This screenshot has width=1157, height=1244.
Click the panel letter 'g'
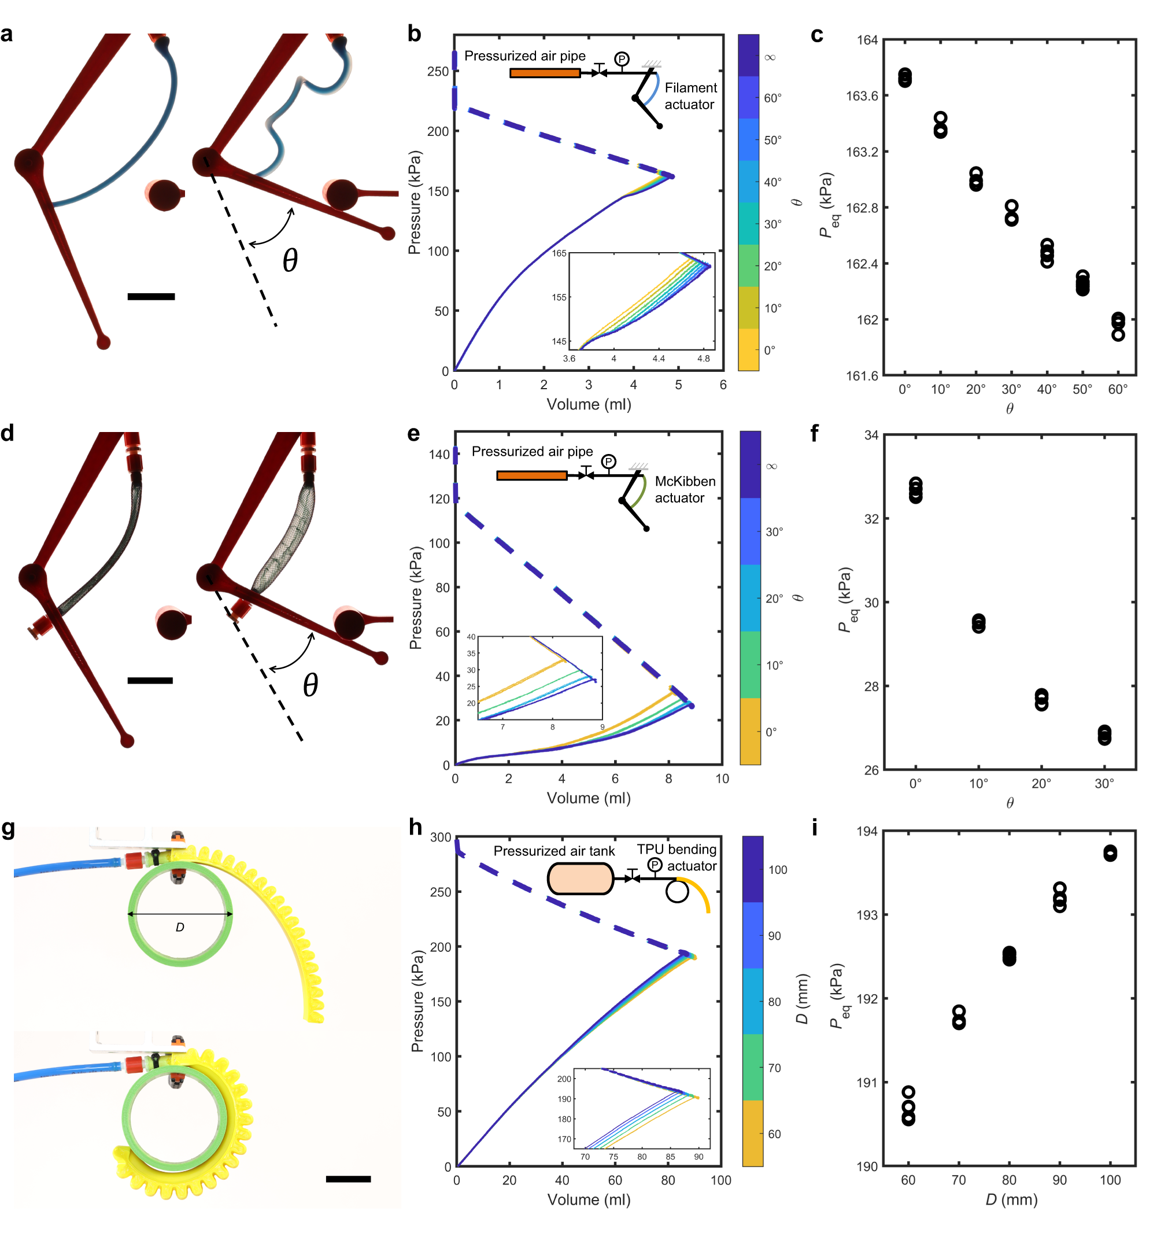(x=8, y=829)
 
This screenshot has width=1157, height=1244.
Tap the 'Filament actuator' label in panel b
(x=690, y=96)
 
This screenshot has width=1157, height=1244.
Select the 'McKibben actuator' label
(x=685, y=489)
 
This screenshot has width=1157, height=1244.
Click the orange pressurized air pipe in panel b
(x=545, y=73)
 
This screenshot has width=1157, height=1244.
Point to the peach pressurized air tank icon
(x=579, y=878)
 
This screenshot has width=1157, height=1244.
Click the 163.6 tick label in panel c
(x=862, y=96)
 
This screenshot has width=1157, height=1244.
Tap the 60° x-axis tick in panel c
(x=1117, y=389)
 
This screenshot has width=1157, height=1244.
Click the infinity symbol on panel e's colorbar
(x=771, y=466)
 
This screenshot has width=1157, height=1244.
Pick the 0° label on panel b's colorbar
(x=769, y=350)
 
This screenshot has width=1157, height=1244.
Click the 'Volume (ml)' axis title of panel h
(x=588, y=1199)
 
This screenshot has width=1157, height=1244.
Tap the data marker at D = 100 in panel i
(x=1110, y=853)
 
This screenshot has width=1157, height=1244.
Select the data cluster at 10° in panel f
(x=978, y=623)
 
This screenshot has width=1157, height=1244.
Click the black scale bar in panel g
(x=348, y=1179)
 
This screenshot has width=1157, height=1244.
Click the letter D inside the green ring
(x=180, y=928)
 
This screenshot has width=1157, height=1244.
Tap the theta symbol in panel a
(x=290, y=260)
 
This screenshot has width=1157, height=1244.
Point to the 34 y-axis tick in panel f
(x=871, y=435)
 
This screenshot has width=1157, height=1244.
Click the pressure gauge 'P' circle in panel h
(x=654, y=865)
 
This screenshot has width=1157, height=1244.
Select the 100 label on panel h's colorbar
(x=777, y=870)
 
